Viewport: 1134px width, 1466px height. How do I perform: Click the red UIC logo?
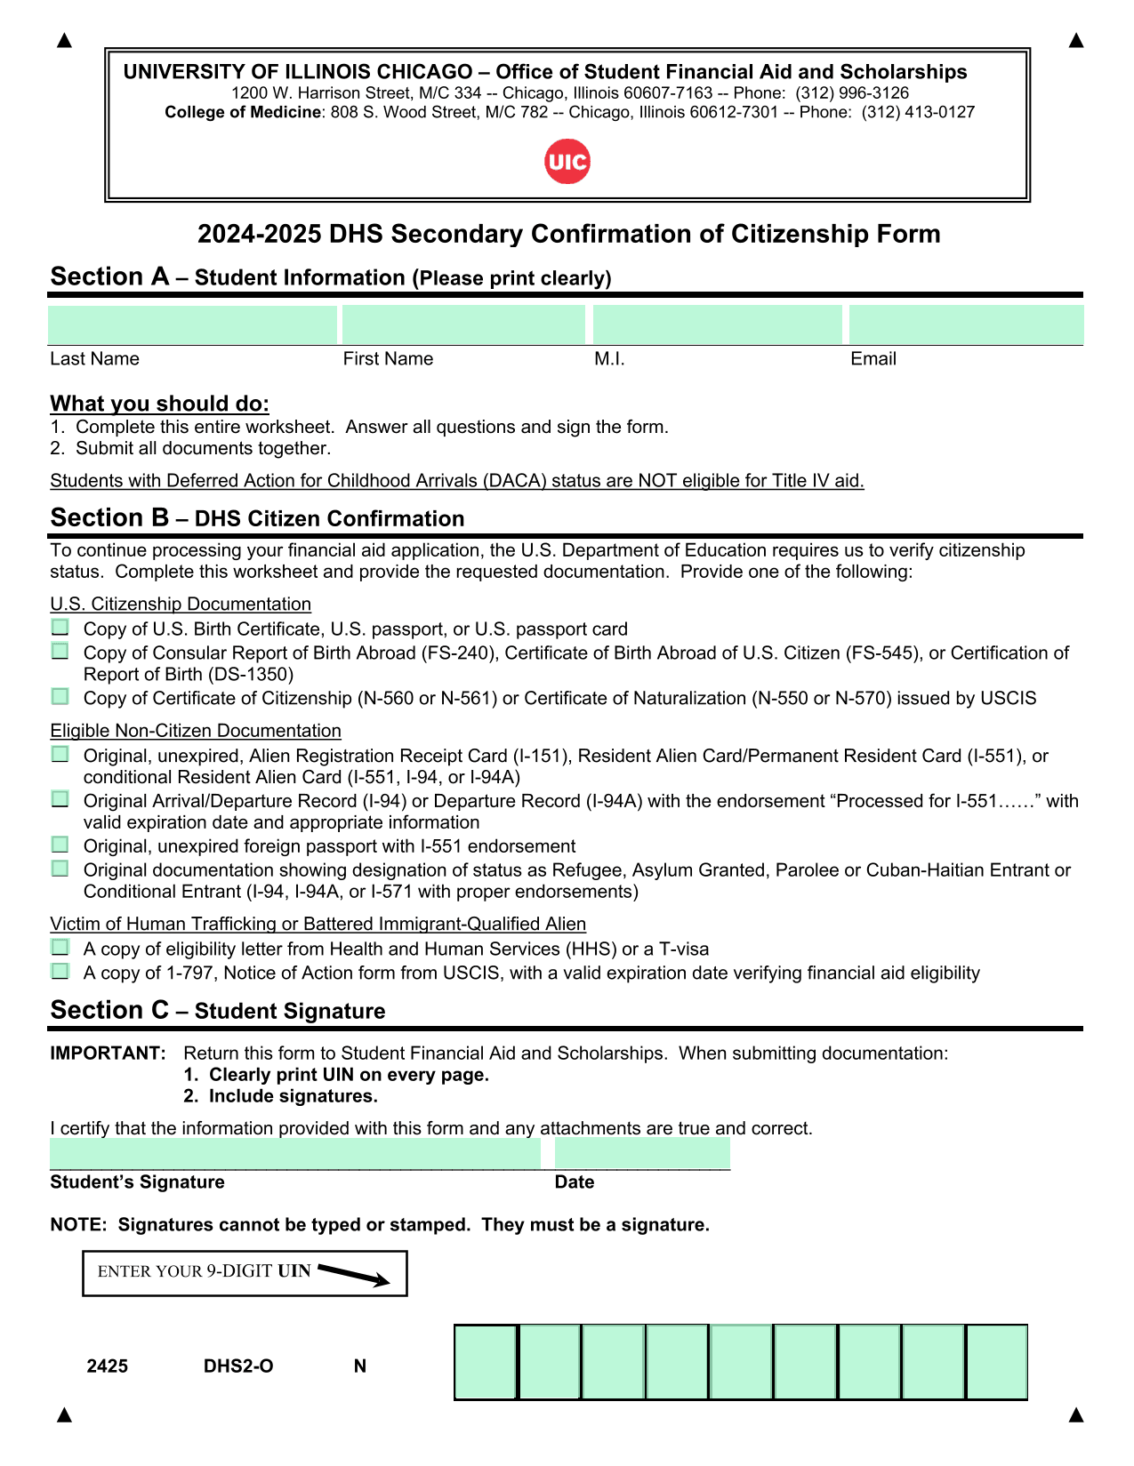point(567,162)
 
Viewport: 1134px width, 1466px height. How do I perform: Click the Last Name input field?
point(192,324)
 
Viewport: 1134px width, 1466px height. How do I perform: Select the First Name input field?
point(463,324)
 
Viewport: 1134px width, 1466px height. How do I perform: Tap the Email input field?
point(966,324)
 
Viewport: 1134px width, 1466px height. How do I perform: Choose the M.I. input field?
point(717,324)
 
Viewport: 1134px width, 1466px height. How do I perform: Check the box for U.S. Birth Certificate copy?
point(60,628)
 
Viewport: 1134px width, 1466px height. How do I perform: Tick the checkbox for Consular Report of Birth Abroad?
point(60,652)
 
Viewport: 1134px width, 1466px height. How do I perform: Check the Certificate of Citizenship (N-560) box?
point(60,697)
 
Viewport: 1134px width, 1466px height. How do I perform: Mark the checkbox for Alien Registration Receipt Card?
point(60,755)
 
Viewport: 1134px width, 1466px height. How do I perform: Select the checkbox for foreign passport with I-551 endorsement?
point(60,845)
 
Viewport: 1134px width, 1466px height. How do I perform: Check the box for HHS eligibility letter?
point(60,948)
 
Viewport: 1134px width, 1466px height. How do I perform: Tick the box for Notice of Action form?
point(60,972)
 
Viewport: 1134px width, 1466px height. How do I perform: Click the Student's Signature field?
point(294,1154)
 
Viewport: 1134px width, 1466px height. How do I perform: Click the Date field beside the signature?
point(642,1154)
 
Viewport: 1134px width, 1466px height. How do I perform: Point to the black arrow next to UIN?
point(354,1275)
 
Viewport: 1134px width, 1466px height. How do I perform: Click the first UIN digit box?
point(486,1362)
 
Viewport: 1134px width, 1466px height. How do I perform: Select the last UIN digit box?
point(997,1362)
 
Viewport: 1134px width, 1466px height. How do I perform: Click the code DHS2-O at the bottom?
point(238,1366)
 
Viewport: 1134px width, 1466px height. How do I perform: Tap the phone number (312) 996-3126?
point(852,93)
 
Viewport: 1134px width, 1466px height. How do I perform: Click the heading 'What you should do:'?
point(160,404)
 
